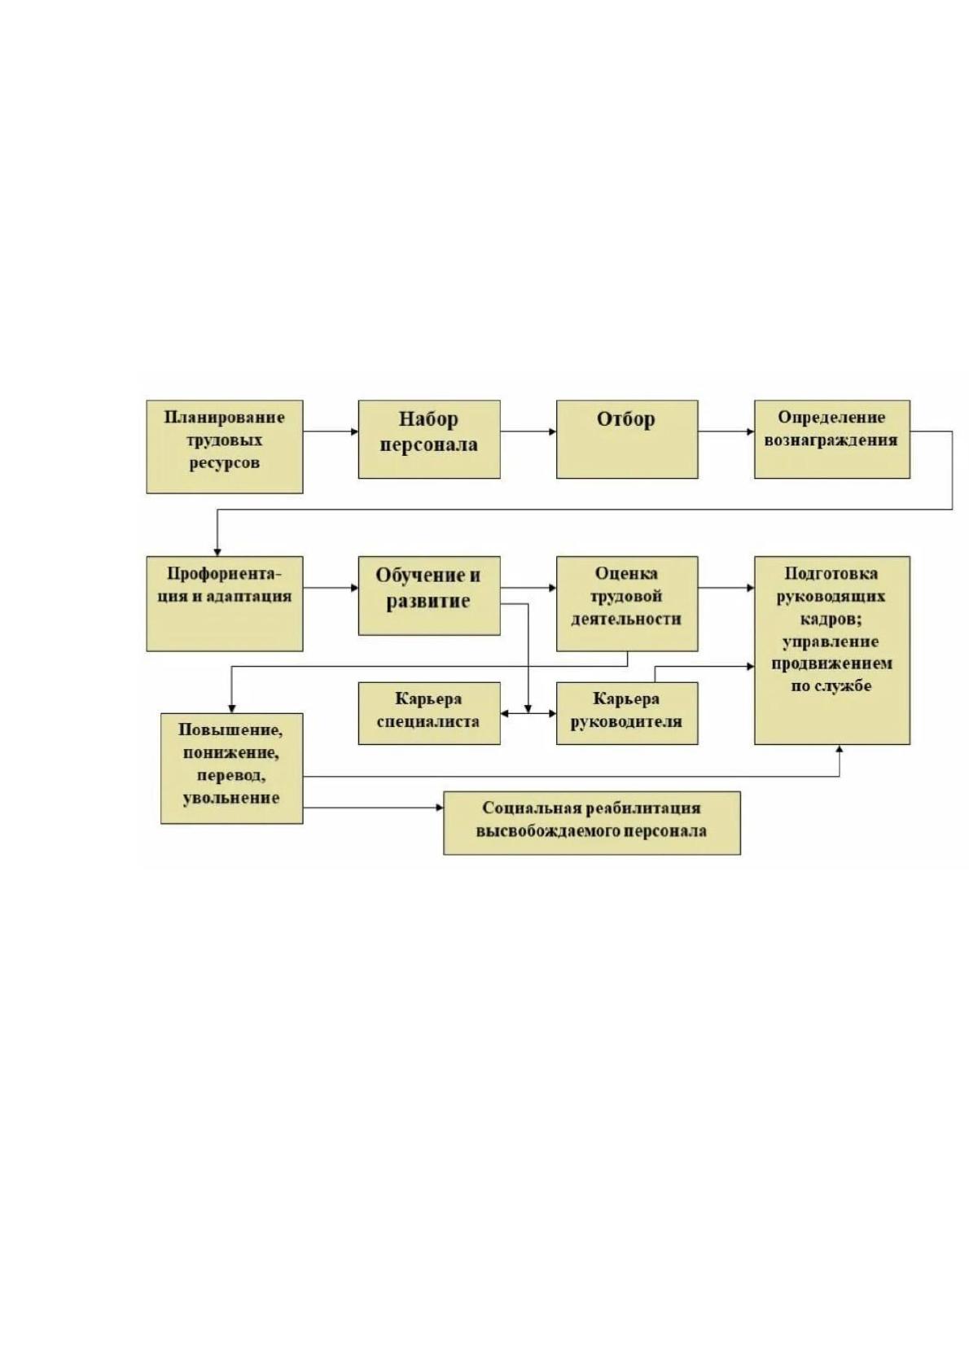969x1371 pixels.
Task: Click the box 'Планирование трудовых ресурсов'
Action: (224, 447)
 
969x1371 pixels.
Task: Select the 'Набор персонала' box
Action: (429, 440)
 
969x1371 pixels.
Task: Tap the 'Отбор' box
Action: (627, 440)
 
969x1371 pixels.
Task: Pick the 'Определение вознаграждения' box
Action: (832, 440)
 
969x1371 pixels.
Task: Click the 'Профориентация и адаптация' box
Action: (224, 603)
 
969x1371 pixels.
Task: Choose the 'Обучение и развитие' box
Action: (429, 595)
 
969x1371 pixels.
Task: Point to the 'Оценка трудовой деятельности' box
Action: (627, 603)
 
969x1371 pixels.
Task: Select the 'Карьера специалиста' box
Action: (429, 714)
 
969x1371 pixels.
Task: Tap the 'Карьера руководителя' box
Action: (627, 714)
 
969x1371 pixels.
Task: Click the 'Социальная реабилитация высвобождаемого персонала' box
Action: (592, 823)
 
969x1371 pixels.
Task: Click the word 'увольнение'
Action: (230, 798)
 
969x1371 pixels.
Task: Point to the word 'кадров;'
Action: (832, 619)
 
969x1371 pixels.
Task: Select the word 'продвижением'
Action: (832, 664)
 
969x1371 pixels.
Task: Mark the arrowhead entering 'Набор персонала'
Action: (354, 431)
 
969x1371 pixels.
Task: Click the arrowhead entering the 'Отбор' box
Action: (553, 431)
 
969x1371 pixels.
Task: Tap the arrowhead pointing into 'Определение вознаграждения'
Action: (751, 431)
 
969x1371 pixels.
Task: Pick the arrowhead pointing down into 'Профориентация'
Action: (217, 552)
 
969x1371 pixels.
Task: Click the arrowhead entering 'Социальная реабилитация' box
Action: (440, 808)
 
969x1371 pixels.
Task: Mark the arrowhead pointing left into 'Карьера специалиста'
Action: (504, 713)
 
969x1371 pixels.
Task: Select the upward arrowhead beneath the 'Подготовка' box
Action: (840, 749)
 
